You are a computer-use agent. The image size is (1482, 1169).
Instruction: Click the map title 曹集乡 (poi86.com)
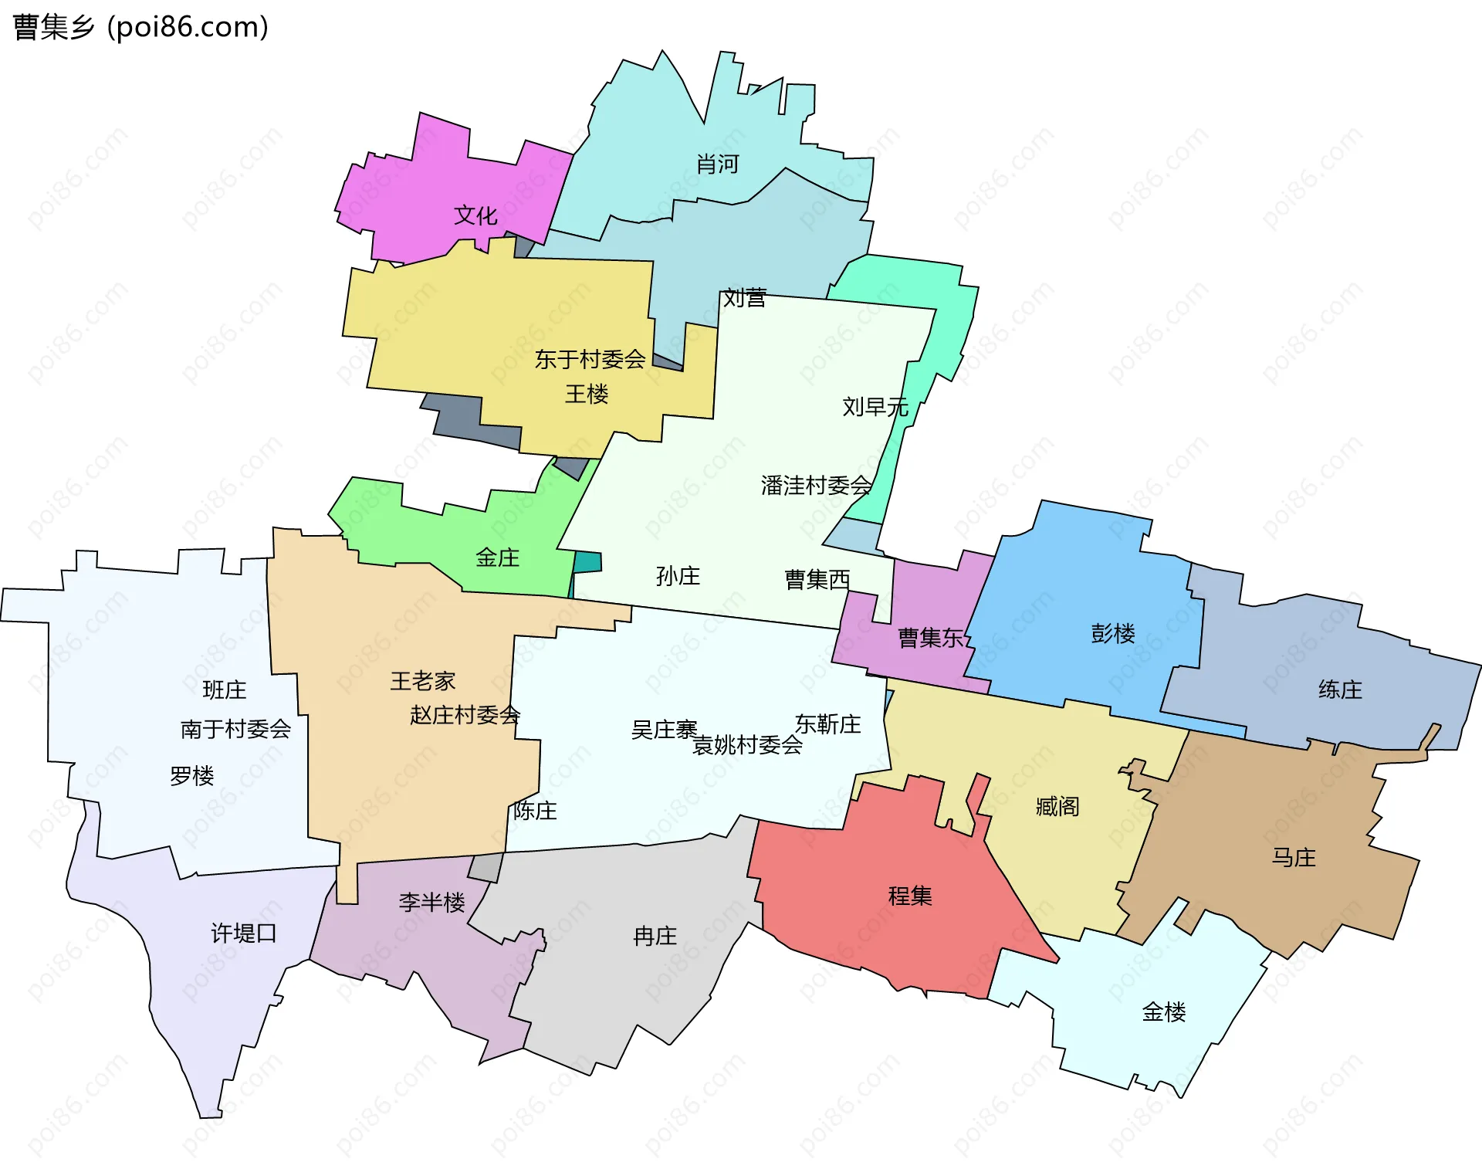140,27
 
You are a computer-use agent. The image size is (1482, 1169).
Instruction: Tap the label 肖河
717,164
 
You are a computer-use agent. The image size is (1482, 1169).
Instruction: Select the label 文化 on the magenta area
475,215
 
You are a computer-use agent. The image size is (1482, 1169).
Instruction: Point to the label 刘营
744,298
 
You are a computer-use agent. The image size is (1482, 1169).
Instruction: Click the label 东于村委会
590,359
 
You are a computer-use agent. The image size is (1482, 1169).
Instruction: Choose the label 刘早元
875,406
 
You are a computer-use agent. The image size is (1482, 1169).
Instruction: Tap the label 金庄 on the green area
497,557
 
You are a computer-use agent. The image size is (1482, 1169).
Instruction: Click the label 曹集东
931,638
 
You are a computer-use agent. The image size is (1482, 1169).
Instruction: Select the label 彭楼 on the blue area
1112,634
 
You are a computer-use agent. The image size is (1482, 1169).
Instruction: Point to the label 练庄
1340,690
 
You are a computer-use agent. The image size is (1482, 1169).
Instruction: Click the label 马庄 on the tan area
1294,857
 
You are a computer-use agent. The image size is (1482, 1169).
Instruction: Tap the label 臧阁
1057,807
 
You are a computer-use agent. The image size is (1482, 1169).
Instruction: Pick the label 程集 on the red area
910,896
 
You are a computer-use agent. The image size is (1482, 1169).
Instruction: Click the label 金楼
1163,1011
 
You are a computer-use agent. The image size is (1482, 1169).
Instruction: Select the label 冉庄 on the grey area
655,937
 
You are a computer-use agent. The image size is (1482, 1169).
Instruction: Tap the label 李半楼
431,902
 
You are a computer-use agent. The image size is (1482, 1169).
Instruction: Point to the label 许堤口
244,934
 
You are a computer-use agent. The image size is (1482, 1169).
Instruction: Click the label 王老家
422,681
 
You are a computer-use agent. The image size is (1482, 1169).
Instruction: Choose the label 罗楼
191,775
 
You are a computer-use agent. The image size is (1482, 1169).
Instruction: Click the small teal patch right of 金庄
588,562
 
